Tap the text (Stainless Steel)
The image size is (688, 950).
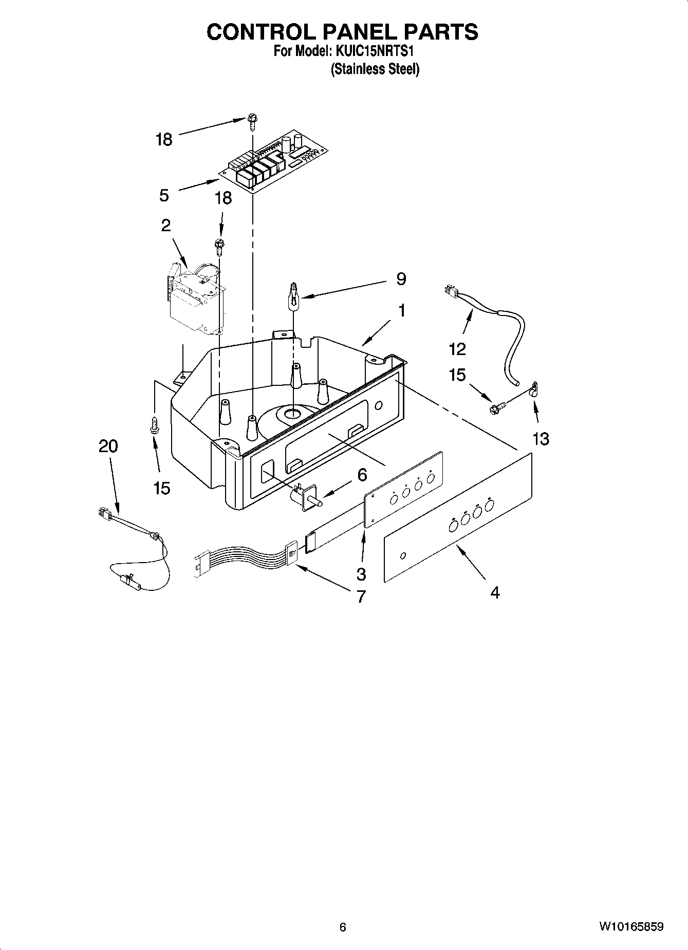[375, 69]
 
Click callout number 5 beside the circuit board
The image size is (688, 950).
[164, 195]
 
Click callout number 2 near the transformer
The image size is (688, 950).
[165, 225]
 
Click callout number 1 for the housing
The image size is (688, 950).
[402, 310]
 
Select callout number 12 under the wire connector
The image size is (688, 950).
[457, 349]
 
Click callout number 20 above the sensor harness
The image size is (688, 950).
[108, 446]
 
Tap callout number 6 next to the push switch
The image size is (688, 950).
[362, 475]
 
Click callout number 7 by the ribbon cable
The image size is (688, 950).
[361, 597]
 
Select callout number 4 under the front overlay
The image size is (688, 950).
[494, 592]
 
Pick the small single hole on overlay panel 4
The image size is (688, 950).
[403, 555]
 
